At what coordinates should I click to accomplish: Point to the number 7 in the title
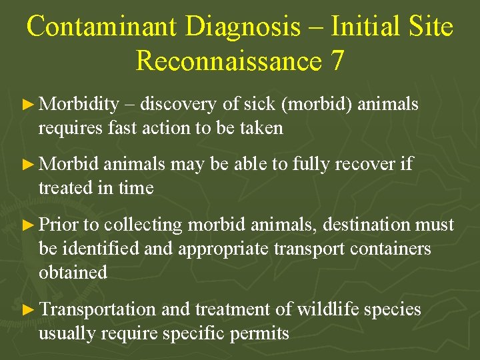tap(337, 61)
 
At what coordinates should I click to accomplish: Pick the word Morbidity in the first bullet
tap(79, 105)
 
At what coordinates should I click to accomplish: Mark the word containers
tap(391, 249)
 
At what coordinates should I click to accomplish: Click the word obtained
tap(73, 272)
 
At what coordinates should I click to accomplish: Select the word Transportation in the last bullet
tap(97, 309)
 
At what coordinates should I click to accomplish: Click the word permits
tap(261, 333)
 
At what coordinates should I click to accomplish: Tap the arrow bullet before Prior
tap(27, 225)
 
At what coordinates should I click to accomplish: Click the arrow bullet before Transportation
tap(27, 310)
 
